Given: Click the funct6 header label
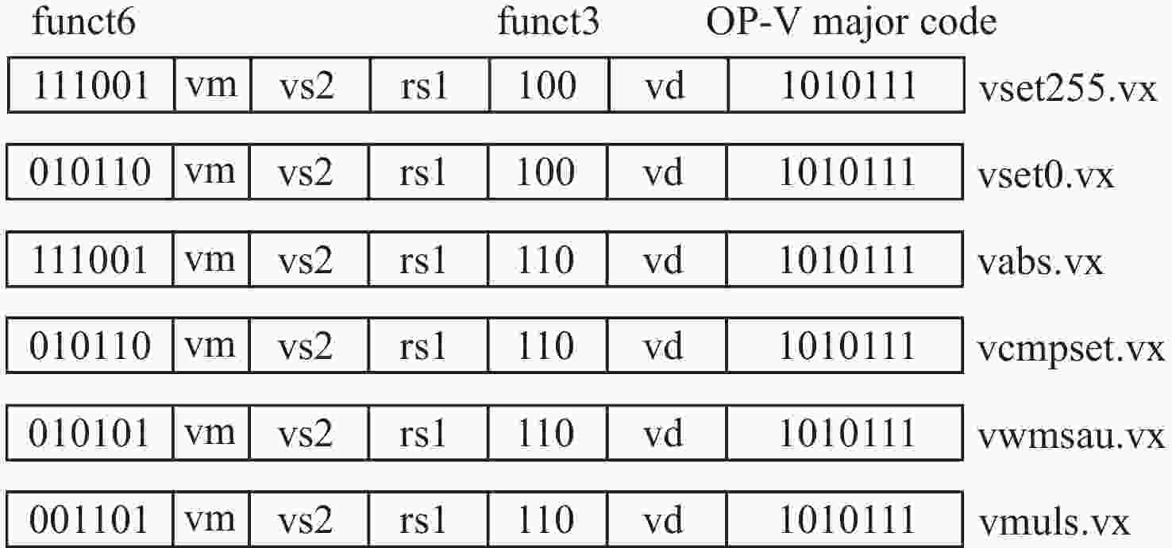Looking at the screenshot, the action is pos(83,22).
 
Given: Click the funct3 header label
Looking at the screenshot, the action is pos(549,22).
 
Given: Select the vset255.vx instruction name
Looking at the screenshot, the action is pos(1067,89).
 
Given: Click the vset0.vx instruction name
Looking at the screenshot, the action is pos(1046,176).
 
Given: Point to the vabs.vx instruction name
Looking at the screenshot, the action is pos(1040,263).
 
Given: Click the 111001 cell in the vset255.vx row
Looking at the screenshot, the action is pos(91,85).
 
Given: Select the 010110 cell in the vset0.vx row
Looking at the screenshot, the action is pos(90,172).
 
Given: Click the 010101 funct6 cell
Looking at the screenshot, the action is pos(90,434).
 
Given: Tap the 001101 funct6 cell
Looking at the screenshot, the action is pos(90,519).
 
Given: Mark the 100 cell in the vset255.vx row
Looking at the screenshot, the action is pos(549,85).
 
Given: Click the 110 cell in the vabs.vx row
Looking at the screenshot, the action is pos(547,260).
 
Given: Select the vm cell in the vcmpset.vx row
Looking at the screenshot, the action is pos(211,345).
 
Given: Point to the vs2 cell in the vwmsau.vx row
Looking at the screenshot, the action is pos(309,434).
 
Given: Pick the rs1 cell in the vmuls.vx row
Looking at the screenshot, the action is pos(429,519).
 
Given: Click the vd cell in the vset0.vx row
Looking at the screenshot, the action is pos(667,172).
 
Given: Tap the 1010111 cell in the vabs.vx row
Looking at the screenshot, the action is pos(845,260).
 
